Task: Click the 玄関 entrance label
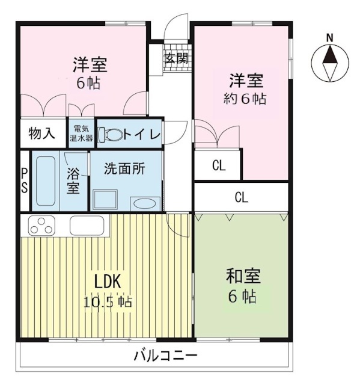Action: click(x=177, y=58)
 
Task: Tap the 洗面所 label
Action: click(x=124, y=169)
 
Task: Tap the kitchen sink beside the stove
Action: click(x=88, y=226)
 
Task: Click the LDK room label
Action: click(x=109, y=281)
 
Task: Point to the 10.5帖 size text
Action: click(x=109, y=301)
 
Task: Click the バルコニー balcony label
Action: click(x=165, y=356)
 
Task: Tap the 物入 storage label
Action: click(x=42, y=134)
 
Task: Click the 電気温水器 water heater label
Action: click(x=83, y=134)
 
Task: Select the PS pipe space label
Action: click(x=25, y=180)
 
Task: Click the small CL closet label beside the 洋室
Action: click(x=218, y=165)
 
